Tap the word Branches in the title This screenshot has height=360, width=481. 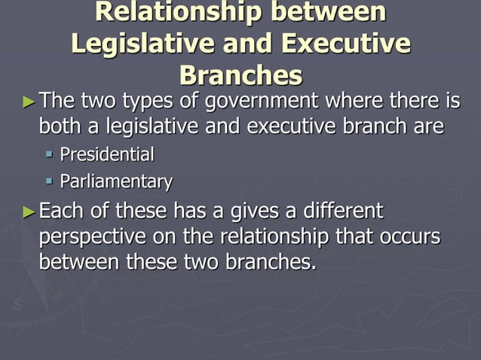pyautogui.click(x=241, y=75)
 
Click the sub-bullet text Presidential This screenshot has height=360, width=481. pyautogui.click(x=107, y=155)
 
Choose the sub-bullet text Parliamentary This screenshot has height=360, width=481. pyautogui.click(x=116, y=182)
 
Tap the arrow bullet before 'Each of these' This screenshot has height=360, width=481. pyautogui.click(x=29, y=211)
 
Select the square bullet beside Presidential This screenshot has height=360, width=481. pyautogui.click(x=49, y=156)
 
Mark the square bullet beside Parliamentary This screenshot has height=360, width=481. pyautogui.click(x=49, y=182)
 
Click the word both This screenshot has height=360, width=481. pyautogui.click(x=60, y=126)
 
